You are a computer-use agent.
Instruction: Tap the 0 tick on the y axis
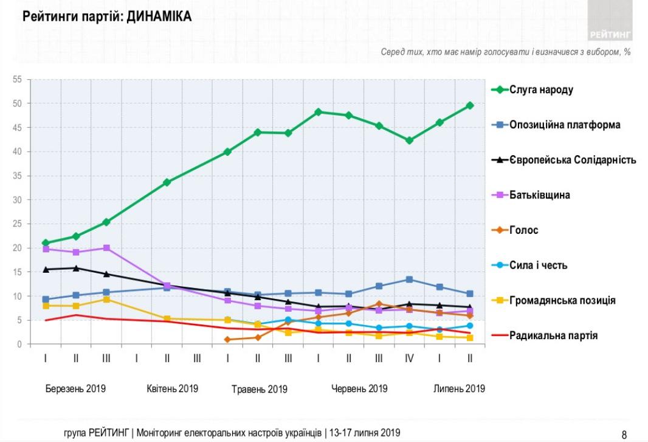point(19,345)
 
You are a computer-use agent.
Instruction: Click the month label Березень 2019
point(75,388)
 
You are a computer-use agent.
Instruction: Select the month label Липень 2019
point(459,388)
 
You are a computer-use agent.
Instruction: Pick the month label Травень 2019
point(259,389)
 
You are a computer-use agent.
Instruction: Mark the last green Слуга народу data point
point(470,105)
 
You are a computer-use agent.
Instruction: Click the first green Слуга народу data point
point(46,243)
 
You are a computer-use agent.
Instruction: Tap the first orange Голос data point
point(227,340)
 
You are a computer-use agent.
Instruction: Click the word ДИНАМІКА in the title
point(159,18)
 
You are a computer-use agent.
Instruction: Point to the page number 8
point(624,434)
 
